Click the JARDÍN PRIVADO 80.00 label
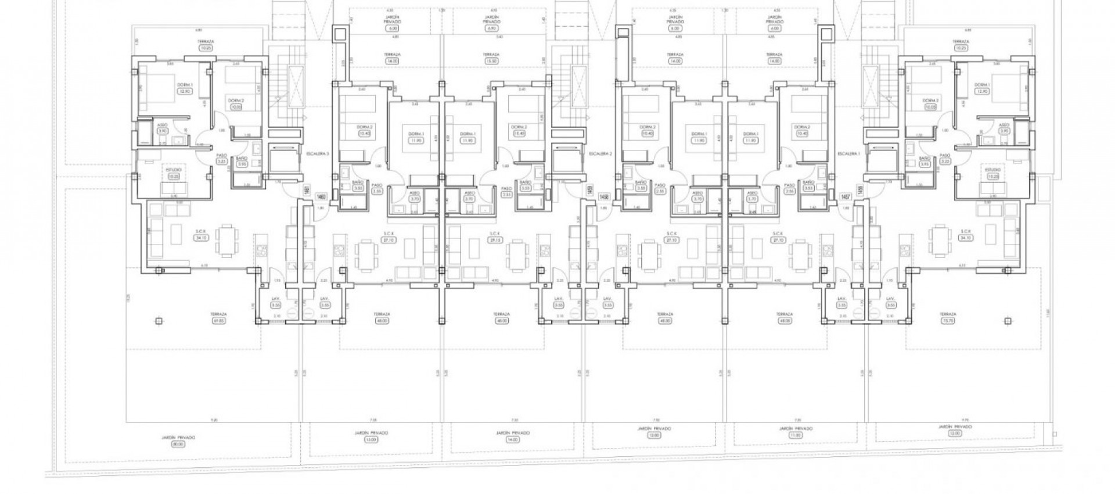[x=177, y=441]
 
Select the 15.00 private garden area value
[x=372, y=439]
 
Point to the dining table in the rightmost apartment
[x=938, y=241]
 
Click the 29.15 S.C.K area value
[x=495, y=240]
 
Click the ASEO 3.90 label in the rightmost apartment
[x=1004, y=128]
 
